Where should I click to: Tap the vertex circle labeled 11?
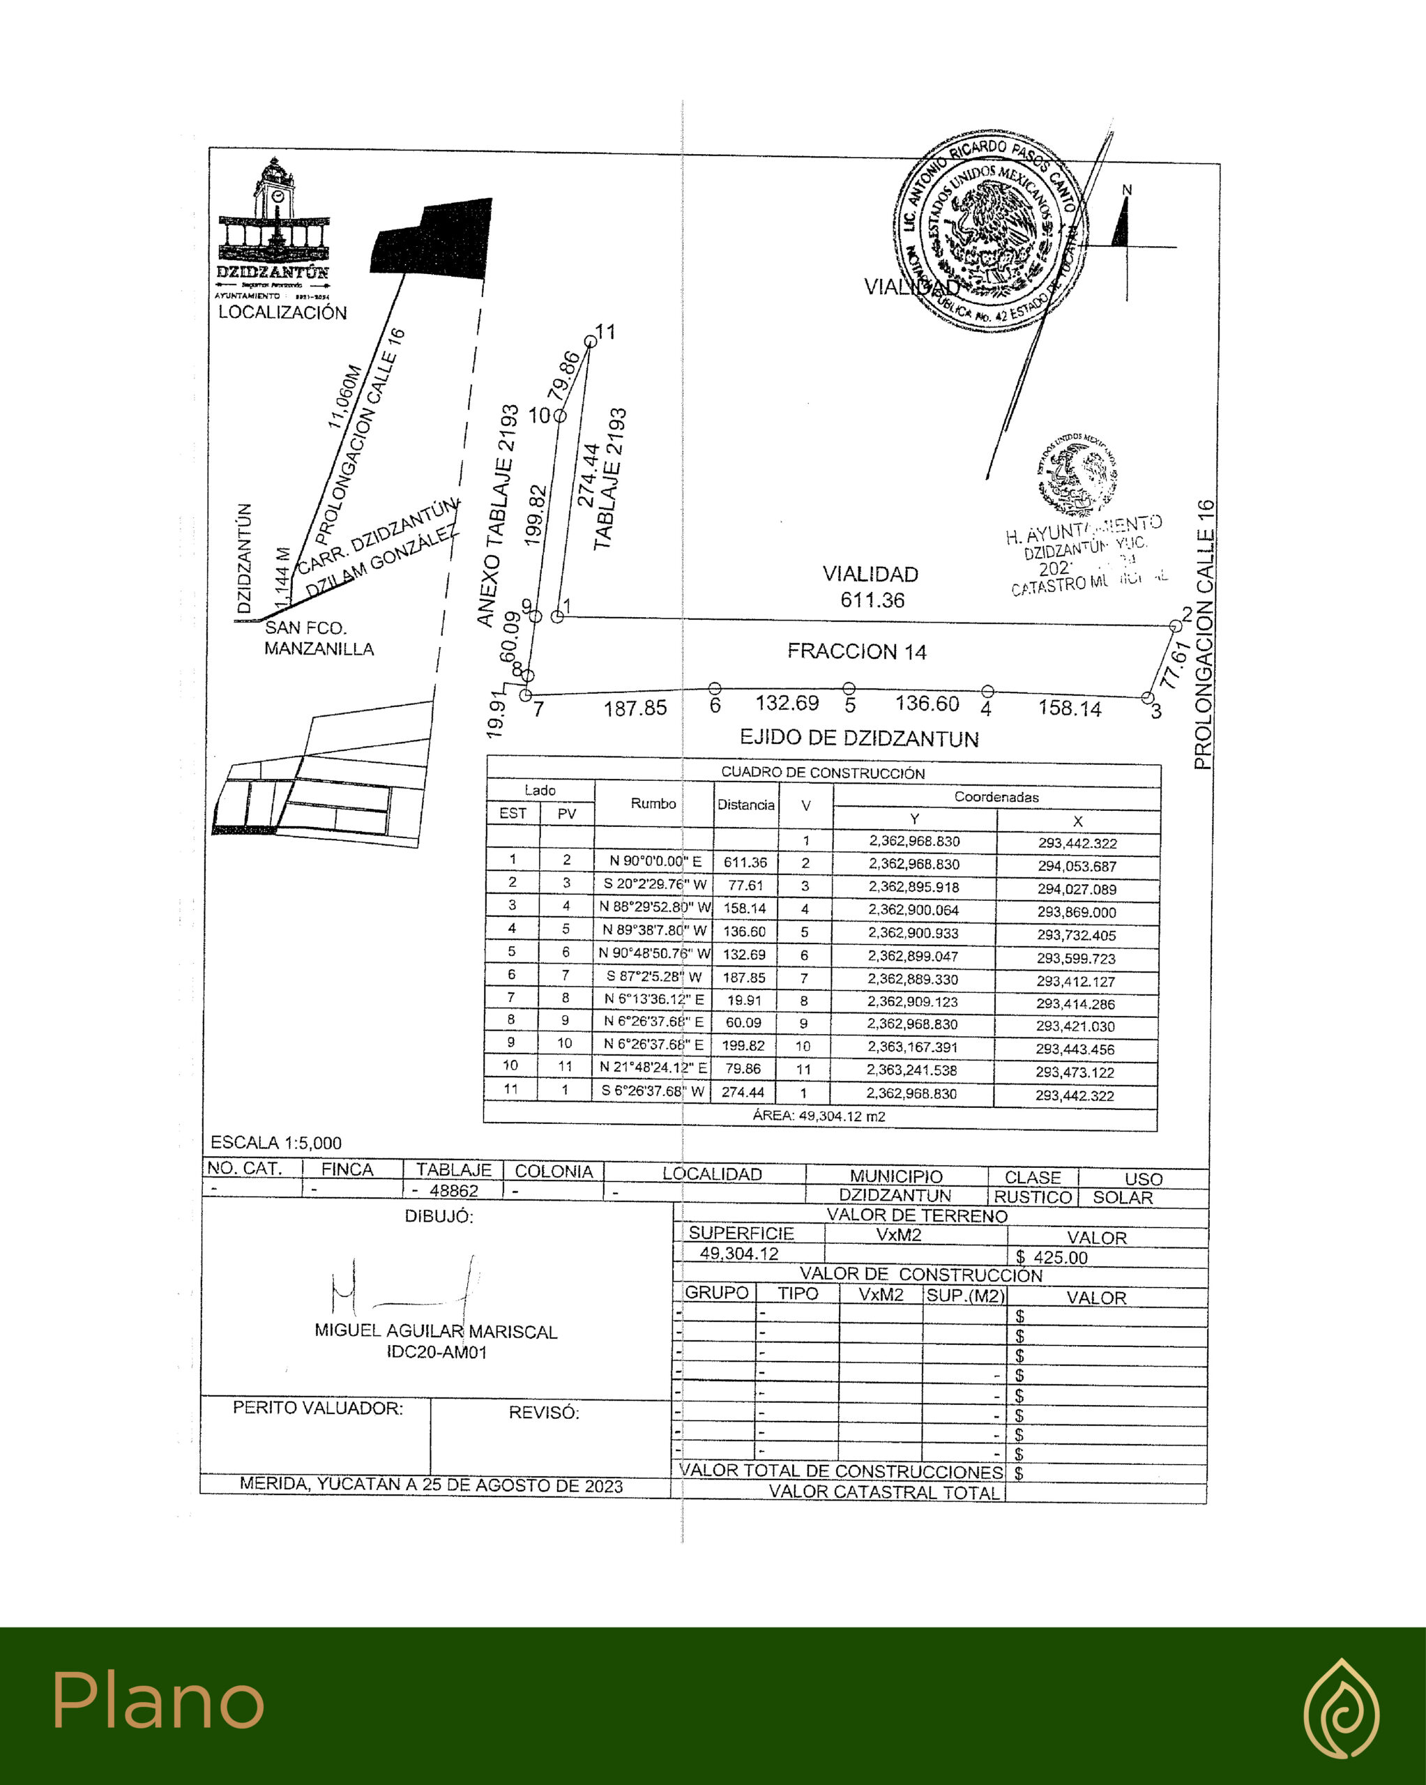pos(590,342)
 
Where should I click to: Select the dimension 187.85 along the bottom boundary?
pos(635,708)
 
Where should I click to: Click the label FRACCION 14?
pos(856,651)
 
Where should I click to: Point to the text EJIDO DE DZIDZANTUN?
pos(859,738)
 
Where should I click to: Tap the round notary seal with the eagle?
pos(989,230)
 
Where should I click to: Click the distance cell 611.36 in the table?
pos(745,863)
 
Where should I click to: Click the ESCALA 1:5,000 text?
pos(275,1143)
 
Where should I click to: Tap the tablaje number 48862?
pos(454,1190)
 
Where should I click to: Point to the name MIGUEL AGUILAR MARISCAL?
pos(436,1331)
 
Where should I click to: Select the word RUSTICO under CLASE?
pos(1033,1197)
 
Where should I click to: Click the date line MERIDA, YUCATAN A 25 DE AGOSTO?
pos(431,1485)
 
